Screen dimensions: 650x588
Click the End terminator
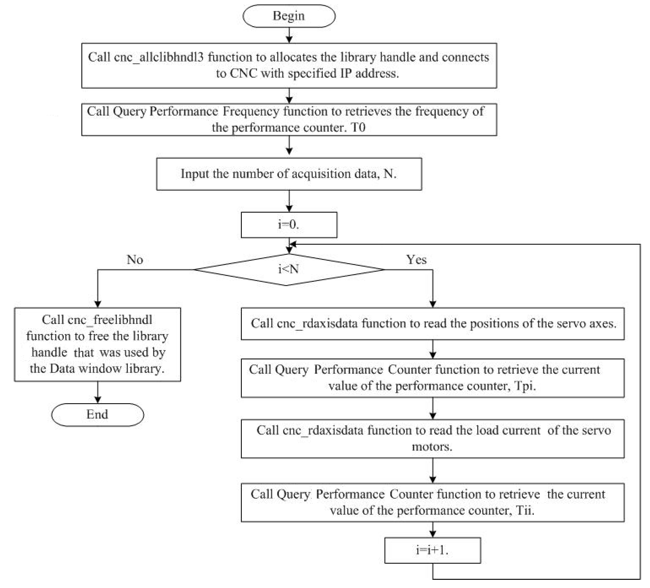(x=97, y=415)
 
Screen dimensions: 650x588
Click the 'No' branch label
(x=135, y=260)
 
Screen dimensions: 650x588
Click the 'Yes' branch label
(x=416, y=260)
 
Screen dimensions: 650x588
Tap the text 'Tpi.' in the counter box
(x=526, y=386)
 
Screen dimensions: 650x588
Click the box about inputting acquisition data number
(x=289, y=174)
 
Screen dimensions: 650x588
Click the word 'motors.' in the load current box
(x=432, y=447)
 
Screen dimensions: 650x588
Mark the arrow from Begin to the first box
(x=289, y=35)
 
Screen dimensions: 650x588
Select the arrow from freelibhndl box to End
(x=98, y=392)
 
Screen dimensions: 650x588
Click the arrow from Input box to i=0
(x=289, y=201)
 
